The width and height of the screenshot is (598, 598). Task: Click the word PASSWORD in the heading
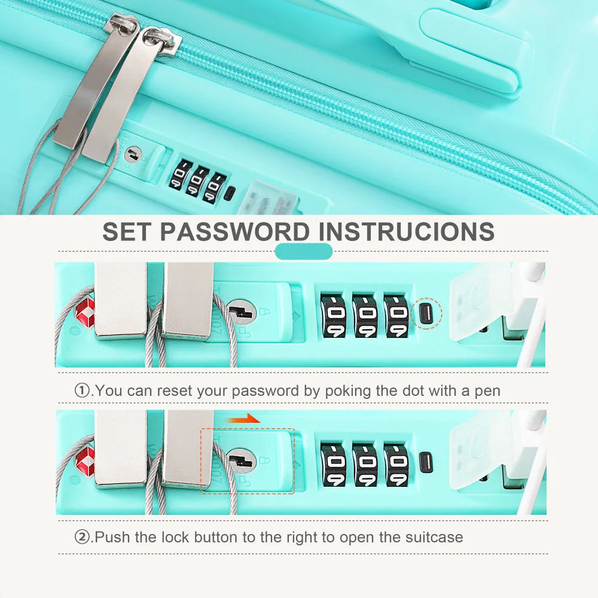(x=236, y=231)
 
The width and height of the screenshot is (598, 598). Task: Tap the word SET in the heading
(x=127, y=231)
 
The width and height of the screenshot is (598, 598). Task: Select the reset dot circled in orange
(x=426, y=312)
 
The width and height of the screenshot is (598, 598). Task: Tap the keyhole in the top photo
(x=132, y=154)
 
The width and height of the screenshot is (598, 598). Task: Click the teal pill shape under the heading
(x=303, y=251)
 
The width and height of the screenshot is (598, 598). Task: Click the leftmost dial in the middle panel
(x=333, y=315)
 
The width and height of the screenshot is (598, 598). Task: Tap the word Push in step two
(x=113, y=537)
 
